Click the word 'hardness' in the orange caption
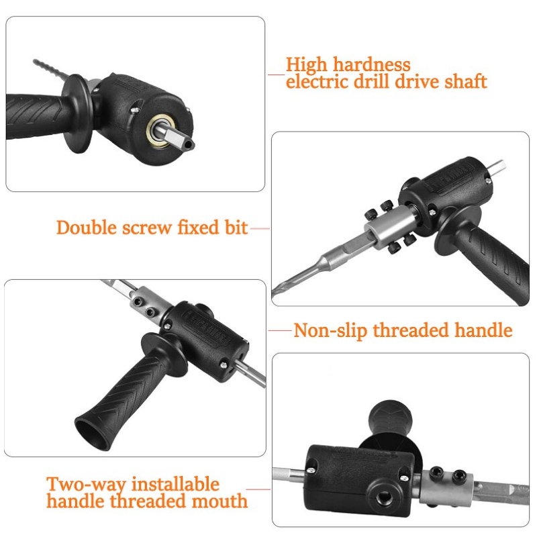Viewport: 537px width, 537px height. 372,64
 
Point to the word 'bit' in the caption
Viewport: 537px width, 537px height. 236,228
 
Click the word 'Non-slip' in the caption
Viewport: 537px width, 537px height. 330,331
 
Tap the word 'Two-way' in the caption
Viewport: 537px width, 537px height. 86,485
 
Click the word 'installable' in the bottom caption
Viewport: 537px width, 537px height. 175,483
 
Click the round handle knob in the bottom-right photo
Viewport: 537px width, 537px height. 391,417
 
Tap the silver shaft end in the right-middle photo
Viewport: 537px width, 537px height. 498,167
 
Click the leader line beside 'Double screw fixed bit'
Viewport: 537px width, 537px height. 260,228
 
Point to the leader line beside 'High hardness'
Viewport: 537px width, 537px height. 277,74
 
